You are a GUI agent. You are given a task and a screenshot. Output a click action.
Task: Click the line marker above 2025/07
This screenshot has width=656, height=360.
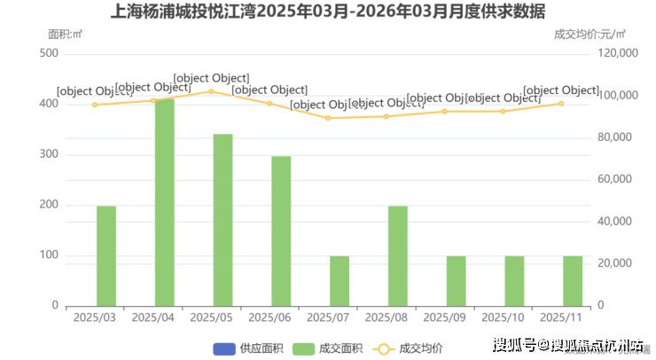[328, 118]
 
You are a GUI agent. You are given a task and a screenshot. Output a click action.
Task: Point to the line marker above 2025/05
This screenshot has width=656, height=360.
[211, 91]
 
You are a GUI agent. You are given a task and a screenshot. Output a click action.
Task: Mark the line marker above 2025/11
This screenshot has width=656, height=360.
[561, 104]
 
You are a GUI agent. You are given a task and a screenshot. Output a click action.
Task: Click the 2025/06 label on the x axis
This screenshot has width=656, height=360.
[269, 317]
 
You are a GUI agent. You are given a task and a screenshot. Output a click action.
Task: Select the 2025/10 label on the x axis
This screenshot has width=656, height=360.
[503, 317]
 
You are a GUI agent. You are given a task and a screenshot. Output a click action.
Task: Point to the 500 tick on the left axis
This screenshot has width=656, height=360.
[50, 53]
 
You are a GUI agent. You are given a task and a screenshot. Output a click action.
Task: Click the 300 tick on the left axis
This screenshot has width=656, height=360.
[50, 154]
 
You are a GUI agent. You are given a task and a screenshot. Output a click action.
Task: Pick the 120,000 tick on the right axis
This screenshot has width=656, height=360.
[618, 53]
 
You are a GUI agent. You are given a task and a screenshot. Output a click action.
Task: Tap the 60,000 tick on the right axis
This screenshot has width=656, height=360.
[621, 179]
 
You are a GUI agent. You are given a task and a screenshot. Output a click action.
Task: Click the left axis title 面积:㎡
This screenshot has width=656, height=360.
[65, 34]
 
